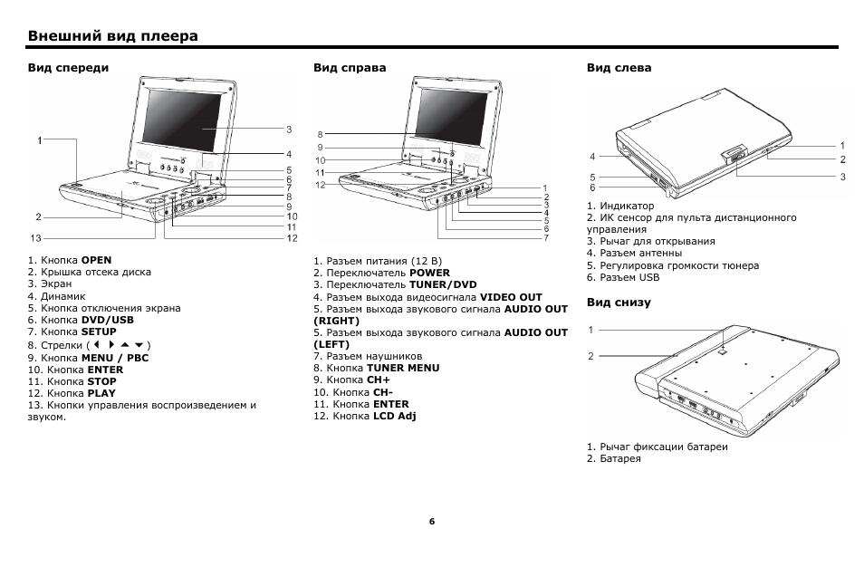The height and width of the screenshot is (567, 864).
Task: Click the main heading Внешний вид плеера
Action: [x=113, y=36]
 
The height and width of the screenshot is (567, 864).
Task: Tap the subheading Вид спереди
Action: [x=68, y=68]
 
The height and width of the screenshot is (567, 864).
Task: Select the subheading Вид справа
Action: [x=350, y=68]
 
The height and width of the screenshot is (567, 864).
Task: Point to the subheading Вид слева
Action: [x=619, y=68]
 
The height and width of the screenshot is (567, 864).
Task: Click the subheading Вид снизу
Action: [x=619, y=303]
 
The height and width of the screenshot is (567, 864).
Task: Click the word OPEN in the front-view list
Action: [x=96, y=260]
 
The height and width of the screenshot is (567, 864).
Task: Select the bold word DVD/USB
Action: [x=107, y=321]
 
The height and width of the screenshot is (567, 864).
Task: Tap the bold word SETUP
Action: [x=99, y=332]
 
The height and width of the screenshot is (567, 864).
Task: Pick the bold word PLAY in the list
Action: [x=101, y=394]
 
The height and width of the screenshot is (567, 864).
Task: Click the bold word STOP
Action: [x=102, y=382]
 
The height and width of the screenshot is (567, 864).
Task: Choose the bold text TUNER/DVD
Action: [x=443, y=284]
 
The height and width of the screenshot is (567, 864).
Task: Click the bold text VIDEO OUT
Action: [x=511, y=297]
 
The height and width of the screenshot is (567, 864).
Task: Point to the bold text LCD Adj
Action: [x=394, y=417]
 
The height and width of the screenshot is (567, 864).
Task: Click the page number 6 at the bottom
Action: [x=432, y=522]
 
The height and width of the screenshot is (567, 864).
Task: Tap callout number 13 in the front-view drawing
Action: [x=36, y=238]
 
